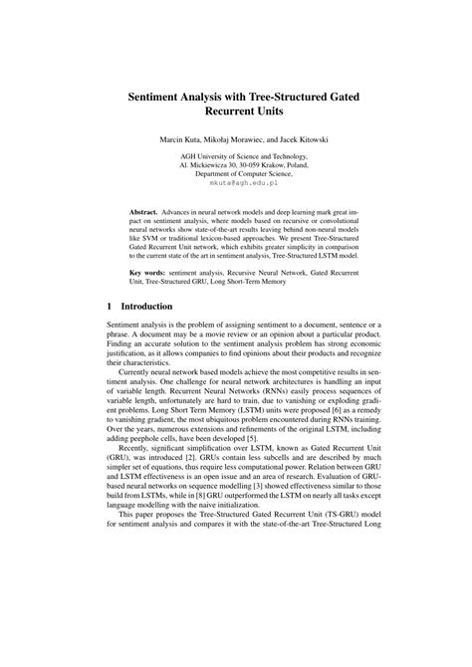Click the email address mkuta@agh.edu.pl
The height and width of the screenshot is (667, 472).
point(236,184)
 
